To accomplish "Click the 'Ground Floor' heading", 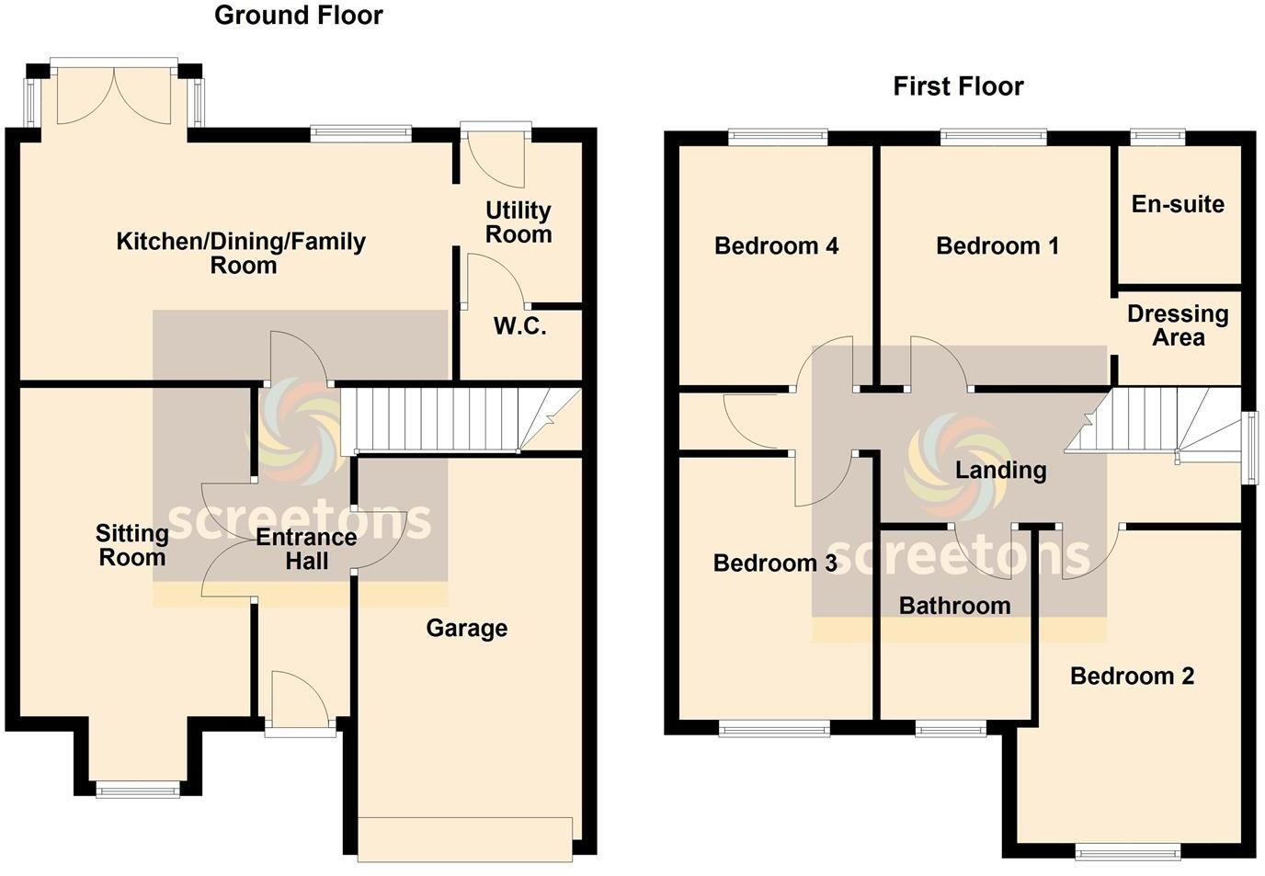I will click(298, 16).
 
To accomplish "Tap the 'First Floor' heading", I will click(958, 86).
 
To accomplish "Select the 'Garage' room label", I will click(466, 629).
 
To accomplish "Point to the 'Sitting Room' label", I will click(132, 545).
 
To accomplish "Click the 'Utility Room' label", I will click(519, 222).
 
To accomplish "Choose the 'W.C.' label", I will click(520, 326).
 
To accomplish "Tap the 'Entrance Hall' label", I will click(306, 549).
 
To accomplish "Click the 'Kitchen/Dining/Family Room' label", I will click(242, 253).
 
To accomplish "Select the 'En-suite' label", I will click(1178, 204).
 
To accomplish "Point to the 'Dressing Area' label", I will click(1178, 325).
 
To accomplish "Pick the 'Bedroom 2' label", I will click(1132, 677).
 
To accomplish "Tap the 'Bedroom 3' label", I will click(775, 563).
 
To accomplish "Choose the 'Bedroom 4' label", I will click(776, 246).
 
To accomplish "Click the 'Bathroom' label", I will click(954, 606).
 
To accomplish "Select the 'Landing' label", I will click(1000, 471).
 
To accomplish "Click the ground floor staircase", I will click(432, 420).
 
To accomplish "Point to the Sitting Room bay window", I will click(139, 788).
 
